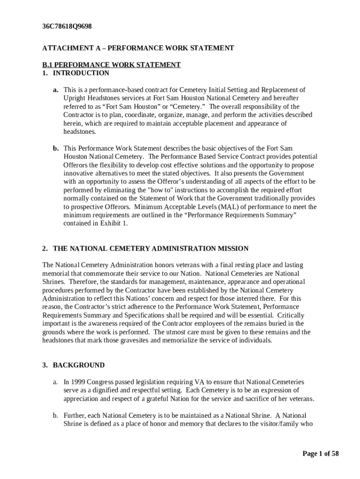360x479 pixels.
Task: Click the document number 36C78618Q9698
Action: (67, 27)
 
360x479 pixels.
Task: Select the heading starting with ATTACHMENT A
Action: (138, 48)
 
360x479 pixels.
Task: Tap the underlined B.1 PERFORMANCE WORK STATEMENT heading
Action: (111, 65)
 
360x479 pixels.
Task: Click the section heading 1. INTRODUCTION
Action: (76, 73)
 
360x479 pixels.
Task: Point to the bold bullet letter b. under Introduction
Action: (55, 149)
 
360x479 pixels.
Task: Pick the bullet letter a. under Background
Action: (55, 382)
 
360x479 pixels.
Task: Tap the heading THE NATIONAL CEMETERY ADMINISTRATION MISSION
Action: (151, 249)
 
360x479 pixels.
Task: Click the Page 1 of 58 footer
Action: (320, 454)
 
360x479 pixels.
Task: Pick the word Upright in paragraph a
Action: (74, 98)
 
